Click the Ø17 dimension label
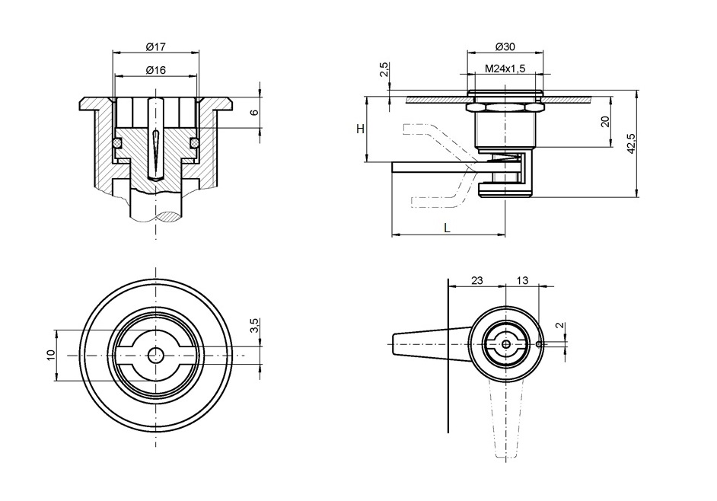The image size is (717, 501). coord(155,47)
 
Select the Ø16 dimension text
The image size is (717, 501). coord(155,70)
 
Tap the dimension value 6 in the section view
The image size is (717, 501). coord(255,112)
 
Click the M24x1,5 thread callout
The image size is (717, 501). coord(505,69)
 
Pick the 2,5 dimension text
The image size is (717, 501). coord(384,70)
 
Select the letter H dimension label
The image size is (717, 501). coord(360,129)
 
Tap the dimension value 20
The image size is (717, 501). coord(605,121)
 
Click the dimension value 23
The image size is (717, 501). coord(476,280)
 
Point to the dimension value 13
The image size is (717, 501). coord(522,280)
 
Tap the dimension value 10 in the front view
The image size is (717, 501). coord(50,355)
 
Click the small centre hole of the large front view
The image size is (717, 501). coord(155,356)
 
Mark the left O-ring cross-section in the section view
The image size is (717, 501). coord(117,142)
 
